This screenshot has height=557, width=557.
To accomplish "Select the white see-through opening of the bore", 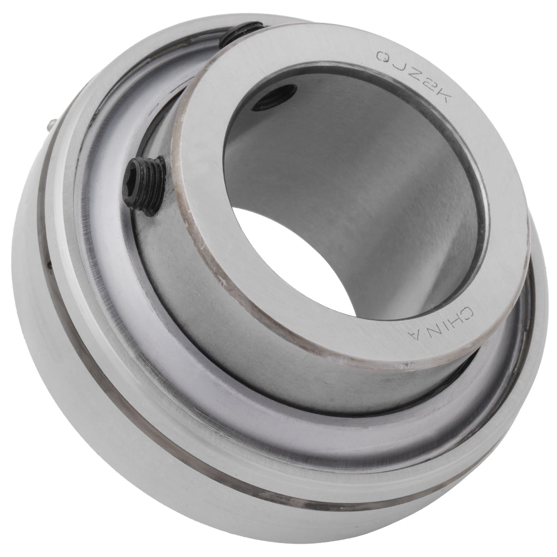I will coord(290,262).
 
